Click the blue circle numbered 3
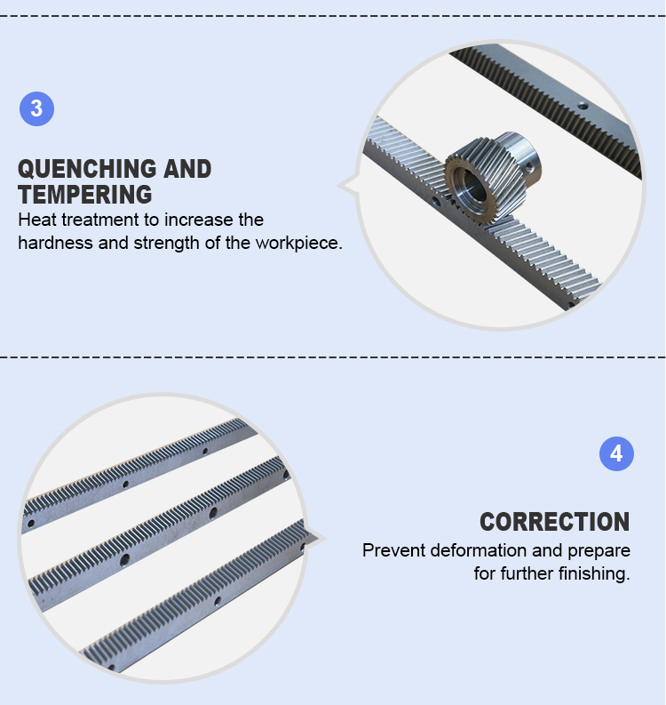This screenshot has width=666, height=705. pos(36,109)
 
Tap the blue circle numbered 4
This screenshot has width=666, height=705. pos(616,454)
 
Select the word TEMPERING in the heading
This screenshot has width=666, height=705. pos(84,195)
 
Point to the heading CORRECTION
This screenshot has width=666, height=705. pos(554,522)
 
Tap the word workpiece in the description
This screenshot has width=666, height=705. pos(297,243)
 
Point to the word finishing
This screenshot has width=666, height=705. pos(595,573)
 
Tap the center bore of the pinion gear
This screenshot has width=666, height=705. pos(468,181)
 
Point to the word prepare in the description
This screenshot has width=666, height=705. pos(596,550)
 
